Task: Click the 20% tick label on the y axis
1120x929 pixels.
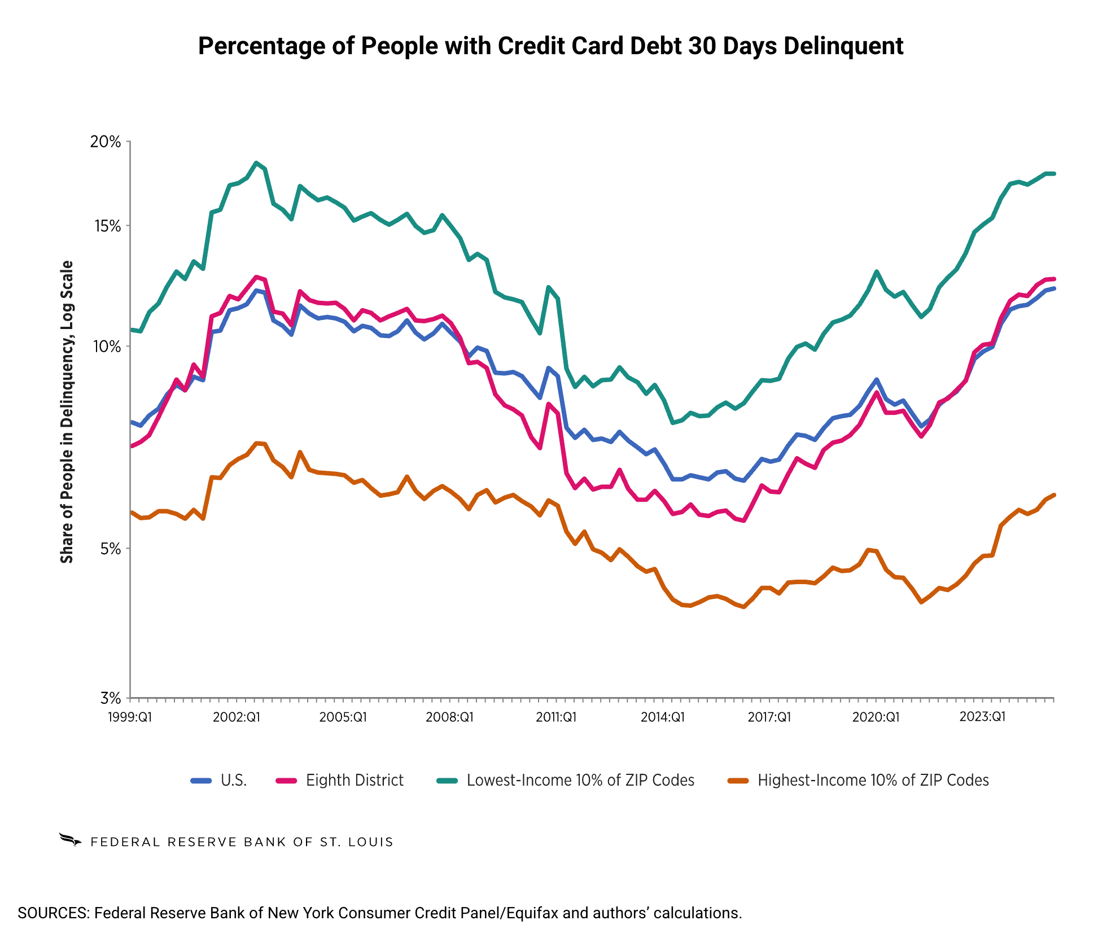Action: [x=106, y=142]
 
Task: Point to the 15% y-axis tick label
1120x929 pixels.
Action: [x=107, y=226]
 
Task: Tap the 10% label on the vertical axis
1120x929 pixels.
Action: [x=107, y=347]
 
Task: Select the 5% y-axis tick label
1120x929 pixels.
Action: [x=111, y=549]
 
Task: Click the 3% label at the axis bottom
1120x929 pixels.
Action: [x=111, y=698]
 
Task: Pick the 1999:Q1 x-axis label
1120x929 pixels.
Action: [x=130, y=717]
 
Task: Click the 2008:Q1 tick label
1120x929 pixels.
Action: [x=450, y=717]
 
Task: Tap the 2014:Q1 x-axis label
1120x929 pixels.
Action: [x=663, y=717]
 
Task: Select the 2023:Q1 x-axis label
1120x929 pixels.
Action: [x=983, y=716]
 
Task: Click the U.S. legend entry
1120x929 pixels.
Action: [x=219, y=781]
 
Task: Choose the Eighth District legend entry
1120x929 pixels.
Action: [x=340, y=781]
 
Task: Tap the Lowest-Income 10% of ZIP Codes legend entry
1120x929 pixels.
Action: [x=566, y=781]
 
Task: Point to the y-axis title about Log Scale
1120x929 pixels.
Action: [x=67, y=412]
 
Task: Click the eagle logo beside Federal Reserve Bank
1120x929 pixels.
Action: [x=71, y=840]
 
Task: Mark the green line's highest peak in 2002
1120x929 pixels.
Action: [x=256, y=163]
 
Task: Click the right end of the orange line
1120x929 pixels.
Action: [x=1054, y=495]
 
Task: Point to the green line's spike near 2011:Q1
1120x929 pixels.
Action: [x=548, y=287]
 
